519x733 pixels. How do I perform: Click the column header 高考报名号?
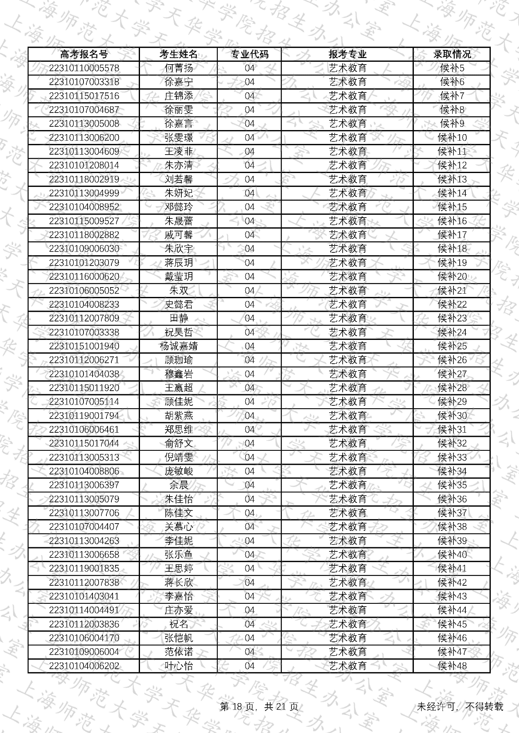(x=83, y=54)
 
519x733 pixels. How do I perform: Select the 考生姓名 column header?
(x=178, y=54)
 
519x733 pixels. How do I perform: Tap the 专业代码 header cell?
(x=249, y=54)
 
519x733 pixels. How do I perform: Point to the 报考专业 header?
(x=347, y=54)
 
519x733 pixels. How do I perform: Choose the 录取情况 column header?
(x=452, y=54)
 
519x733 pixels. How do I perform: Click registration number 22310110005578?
(x=84, y=68)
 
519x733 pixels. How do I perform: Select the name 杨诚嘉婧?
(x=178, y=346)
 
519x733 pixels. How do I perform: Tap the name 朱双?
(x=178, y=291)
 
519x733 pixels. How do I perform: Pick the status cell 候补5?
(x=452, y=68)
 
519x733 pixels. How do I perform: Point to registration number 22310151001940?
(x=84, y=346)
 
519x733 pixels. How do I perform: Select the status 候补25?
(x=452, y=346)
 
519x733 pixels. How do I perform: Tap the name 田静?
(x=178, y=319)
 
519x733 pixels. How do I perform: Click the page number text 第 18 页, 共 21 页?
(x=259, y=707)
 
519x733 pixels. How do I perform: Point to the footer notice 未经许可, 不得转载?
(x=460, y=707)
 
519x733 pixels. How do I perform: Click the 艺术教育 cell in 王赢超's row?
(x=347, y=388)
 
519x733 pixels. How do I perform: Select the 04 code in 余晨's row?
(x=249, y=486)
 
